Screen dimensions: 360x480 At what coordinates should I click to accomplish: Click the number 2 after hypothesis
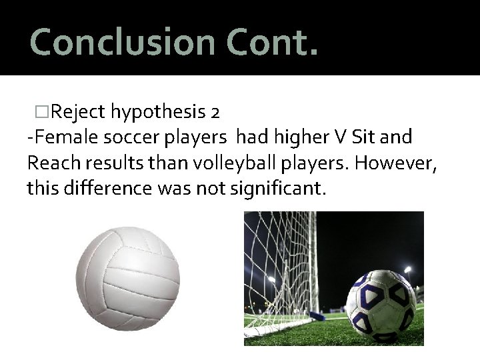214,111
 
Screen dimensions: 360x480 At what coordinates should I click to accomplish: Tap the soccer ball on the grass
381,303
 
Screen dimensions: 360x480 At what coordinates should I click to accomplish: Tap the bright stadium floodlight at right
407,270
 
